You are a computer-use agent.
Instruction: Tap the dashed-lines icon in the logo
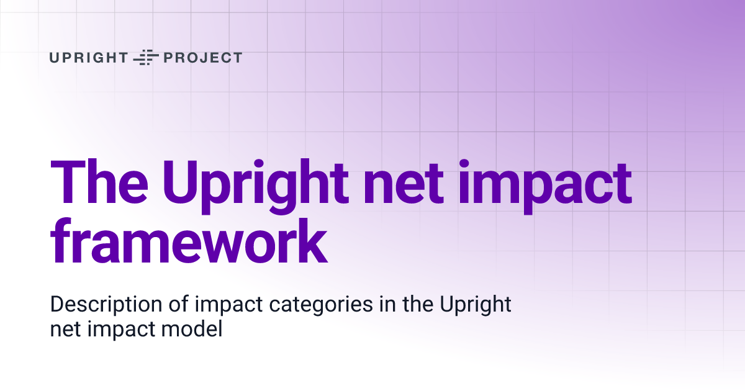point(146,58)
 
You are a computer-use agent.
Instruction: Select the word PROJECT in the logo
point(202,58)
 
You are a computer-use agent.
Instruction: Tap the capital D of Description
point(56,305)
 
